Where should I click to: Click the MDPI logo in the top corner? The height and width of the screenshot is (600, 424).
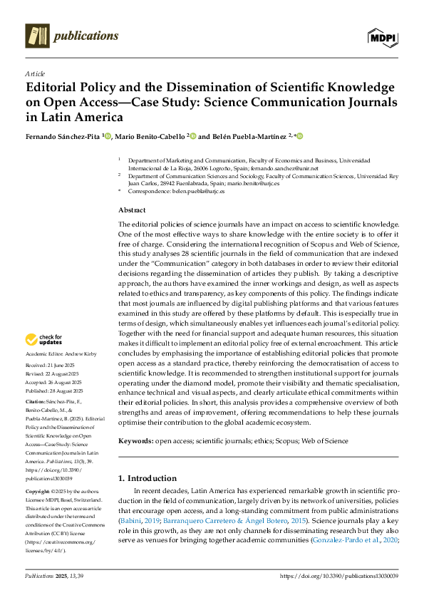[383, 35]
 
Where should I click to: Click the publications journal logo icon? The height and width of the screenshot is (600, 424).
[37, 35]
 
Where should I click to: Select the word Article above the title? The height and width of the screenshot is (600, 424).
[35, 73]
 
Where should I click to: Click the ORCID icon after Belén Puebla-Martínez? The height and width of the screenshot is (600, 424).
[300, 135]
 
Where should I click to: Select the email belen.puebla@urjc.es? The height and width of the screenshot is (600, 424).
[196, 192]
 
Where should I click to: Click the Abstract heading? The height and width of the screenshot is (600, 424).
[132, 210]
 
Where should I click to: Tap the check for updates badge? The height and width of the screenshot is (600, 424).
[46, 339]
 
